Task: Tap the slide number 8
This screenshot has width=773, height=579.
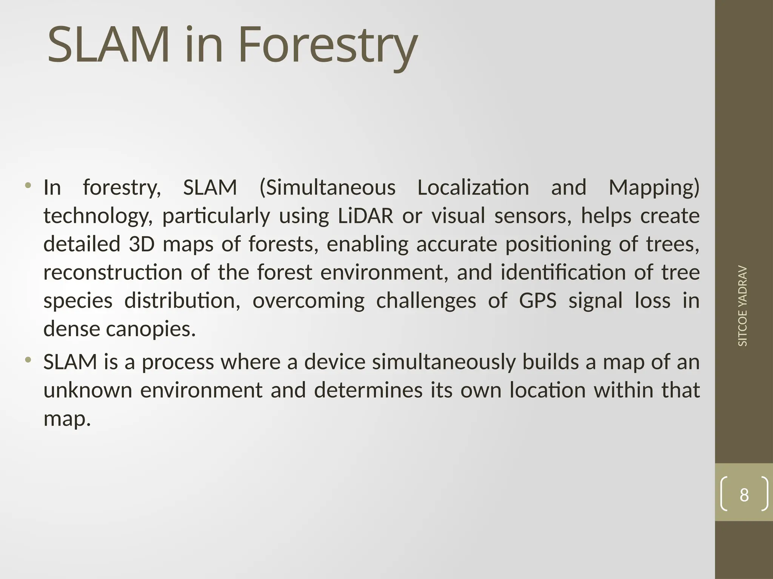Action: tap(744, 495)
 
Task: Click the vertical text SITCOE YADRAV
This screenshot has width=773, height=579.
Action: tap(742, 306)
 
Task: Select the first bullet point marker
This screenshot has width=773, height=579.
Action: tap(28, 185)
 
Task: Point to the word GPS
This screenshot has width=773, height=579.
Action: tap(537, 301)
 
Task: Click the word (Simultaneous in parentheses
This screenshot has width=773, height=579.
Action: tap(327, 188)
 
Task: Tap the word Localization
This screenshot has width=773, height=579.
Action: tap(473, 187)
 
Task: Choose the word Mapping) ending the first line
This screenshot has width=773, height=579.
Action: tap(654, 188)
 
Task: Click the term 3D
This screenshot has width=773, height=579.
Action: tap(142, 244)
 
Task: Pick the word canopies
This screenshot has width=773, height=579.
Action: tap(151, 329)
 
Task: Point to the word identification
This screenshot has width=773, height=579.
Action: tap(563, 272)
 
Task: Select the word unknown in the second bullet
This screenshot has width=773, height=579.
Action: tap(88, 390)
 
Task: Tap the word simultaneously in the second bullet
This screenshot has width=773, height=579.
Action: tap(443, 362)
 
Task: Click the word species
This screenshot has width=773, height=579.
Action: tap(78, 301)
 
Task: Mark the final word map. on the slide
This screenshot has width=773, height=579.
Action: tap(67, 419)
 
